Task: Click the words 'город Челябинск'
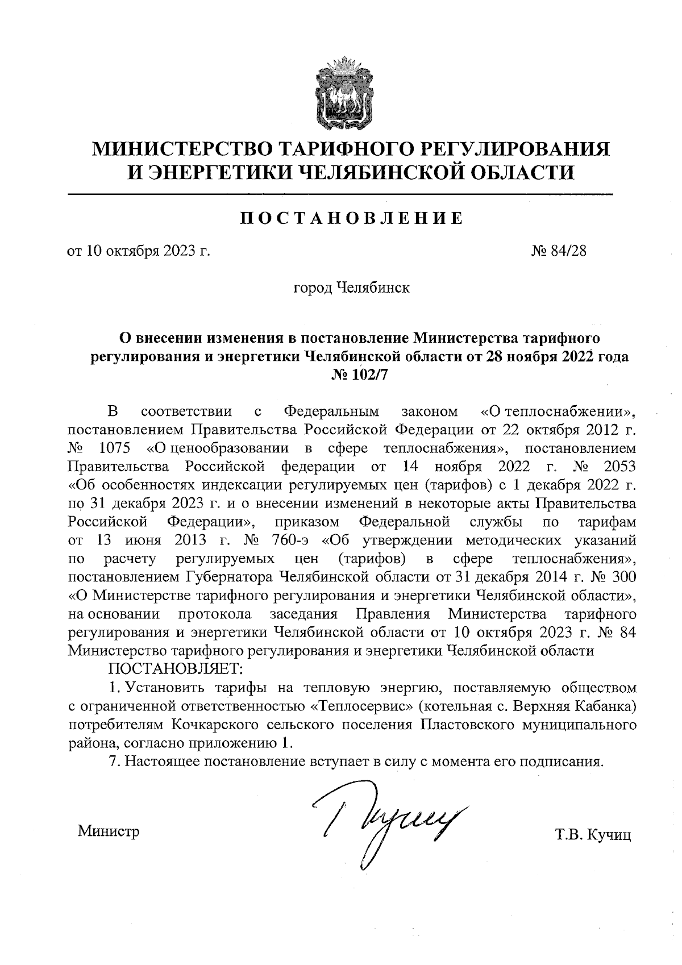(x=351, y=288)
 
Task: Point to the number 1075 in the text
(x=115, y=448)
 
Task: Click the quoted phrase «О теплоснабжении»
(x=558, y=411)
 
